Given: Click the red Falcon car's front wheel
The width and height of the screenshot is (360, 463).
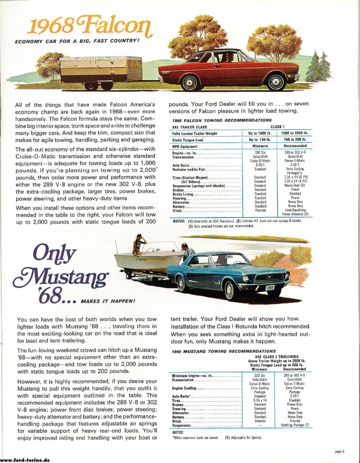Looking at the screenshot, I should click(x=275, y=82).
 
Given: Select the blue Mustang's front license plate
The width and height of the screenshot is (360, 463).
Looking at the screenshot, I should click(x=270, y=287).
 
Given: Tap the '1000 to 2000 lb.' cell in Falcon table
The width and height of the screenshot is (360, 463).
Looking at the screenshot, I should click(x=294, y=133).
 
